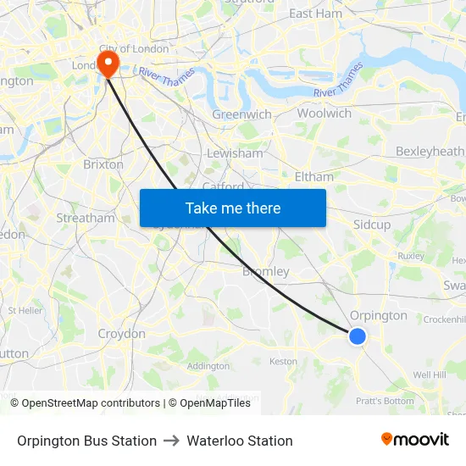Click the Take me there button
[233, 208]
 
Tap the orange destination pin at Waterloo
[108, 63]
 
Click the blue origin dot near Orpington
[358, 336]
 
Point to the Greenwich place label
[241, 114]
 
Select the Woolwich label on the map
[324, 113]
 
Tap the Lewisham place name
[235, 153]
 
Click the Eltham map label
[314, 176]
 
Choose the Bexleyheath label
[430, 151]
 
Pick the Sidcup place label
[372, 225]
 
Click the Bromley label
[266, 272]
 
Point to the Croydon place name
[121, 334]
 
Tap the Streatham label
[85, 218]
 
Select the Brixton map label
[103, 164]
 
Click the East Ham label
[315, 14]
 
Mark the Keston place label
[283, 361]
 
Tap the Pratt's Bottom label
[385, 401]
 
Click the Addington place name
[208, 366]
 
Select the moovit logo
[414, 440]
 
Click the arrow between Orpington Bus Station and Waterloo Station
[172, 441]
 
